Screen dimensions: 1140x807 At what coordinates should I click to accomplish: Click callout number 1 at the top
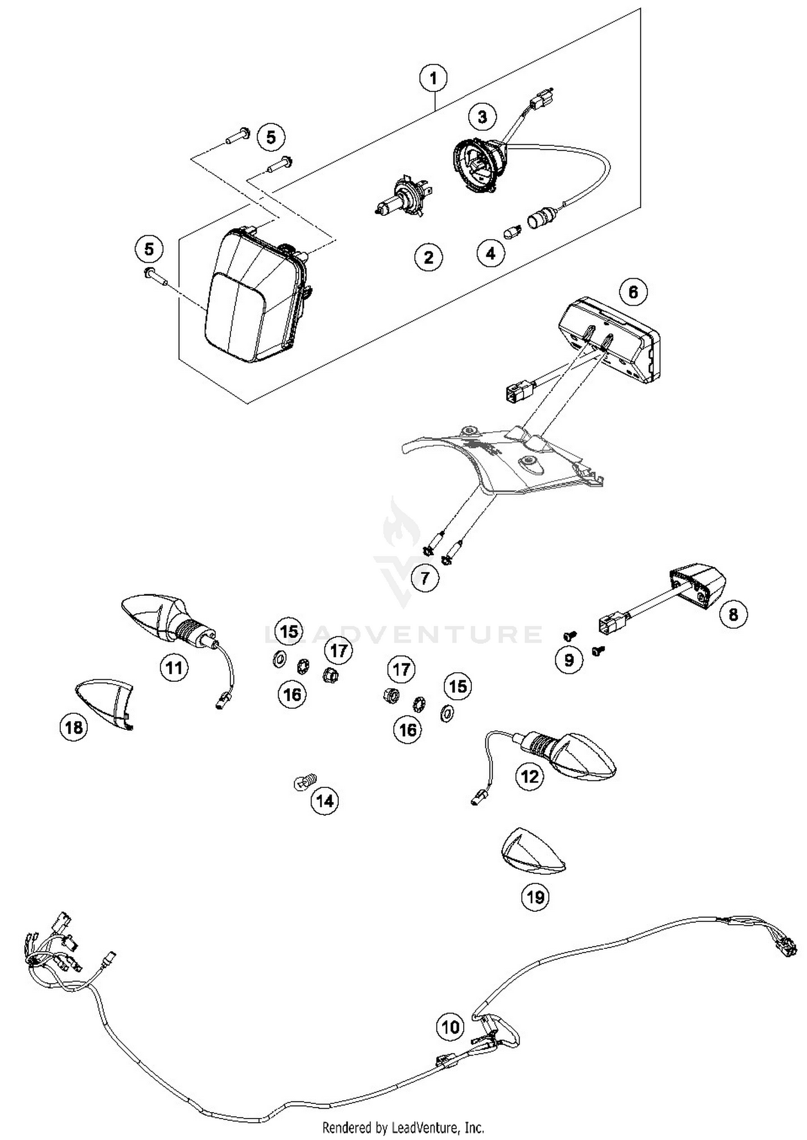click(433, 79)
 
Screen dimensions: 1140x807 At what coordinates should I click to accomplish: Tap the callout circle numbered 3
click(482, 116)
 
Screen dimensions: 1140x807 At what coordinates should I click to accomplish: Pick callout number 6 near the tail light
click(633, 292)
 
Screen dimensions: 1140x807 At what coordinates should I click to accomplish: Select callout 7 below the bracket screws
click(424, 579)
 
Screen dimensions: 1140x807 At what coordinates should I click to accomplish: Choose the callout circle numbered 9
click(569, 660)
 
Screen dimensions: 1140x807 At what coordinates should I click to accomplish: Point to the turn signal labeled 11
click(161, 619)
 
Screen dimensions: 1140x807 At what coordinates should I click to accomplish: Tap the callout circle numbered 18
click(74, 727)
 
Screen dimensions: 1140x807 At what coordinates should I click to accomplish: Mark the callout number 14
click(324, 801)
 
